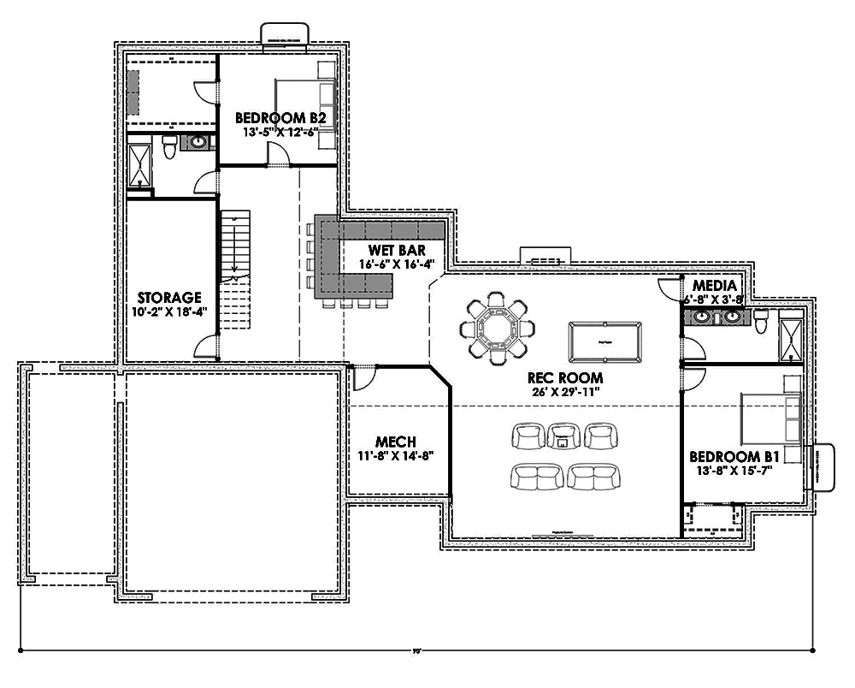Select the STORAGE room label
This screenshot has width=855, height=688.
point(169,298)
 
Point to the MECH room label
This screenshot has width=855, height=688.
point(396,442)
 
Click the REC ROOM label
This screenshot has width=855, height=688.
point(564,377)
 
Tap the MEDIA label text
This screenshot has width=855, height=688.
point(716,285)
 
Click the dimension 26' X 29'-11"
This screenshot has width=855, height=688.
point(564,392)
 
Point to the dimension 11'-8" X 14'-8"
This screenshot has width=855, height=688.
point(396,455)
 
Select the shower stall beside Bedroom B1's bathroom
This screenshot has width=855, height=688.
point(792,336)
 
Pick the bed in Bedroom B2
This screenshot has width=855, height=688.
point(304,103)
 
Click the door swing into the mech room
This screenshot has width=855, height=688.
point(364,375)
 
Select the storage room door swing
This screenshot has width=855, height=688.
point(204,346)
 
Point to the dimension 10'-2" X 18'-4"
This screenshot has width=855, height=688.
point(169,311)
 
